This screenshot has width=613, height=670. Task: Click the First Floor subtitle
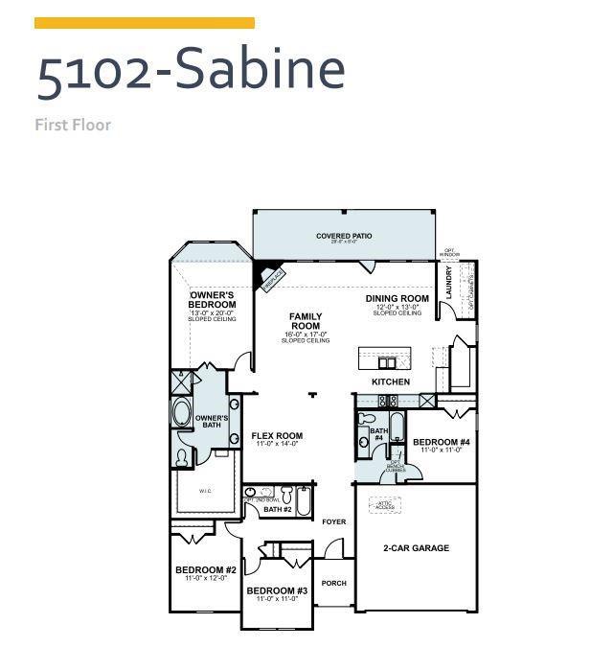73,125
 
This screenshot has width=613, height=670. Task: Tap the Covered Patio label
344,236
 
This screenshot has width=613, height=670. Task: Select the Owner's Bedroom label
212,300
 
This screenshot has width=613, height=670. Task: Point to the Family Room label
306,321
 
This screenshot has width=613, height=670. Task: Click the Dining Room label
397,299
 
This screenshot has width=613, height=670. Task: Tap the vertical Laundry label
448,283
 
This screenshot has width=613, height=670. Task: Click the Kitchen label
391,381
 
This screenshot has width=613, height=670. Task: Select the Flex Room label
277,436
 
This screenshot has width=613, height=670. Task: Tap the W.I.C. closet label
206,492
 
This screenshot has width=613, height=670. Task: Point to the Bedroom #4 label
442,442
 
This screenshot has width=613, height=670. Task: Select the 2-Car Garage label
417,548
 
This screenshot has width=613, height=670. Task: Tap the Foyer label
333,522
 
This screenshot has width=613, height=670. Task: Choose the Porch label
333,583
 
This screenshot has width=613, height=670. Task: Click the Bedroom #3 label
277,590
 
